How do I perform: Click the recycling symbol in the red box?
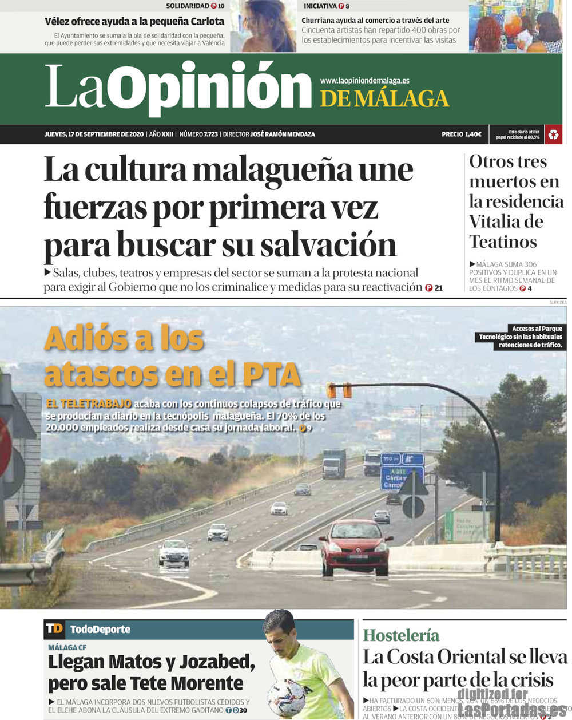(x=553, y=134)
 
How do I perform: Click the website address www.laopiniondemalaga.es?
(x=364, y=81)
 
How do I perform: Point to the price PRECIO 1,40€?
(x=461, y=134)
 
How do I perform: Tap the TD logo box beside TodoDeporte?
(x=54, y=629)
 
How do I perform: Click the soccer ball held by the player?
(x=287, y=697)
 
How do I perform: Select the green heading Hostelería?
(x=401, y=635)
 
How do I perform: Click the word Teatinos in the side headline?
(x=503, y=242)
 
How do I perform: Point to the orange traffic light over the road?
(x=339, y=390)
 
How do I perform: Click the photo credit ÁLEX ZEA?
(x=558, y=302)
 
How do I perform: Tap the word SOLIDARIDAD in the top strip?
(x=188, y=6)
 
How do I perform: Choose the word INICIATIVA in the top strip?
(x=320, y=6)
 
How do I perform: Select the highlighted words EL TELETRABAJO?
(x=89, y=403)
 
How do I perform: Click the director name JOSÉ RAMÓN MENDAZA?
(x=283, y=134)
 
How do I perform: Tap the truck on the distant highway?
(x=334, y=463)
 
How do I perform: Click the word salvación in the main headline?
(x=328, y=245)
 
